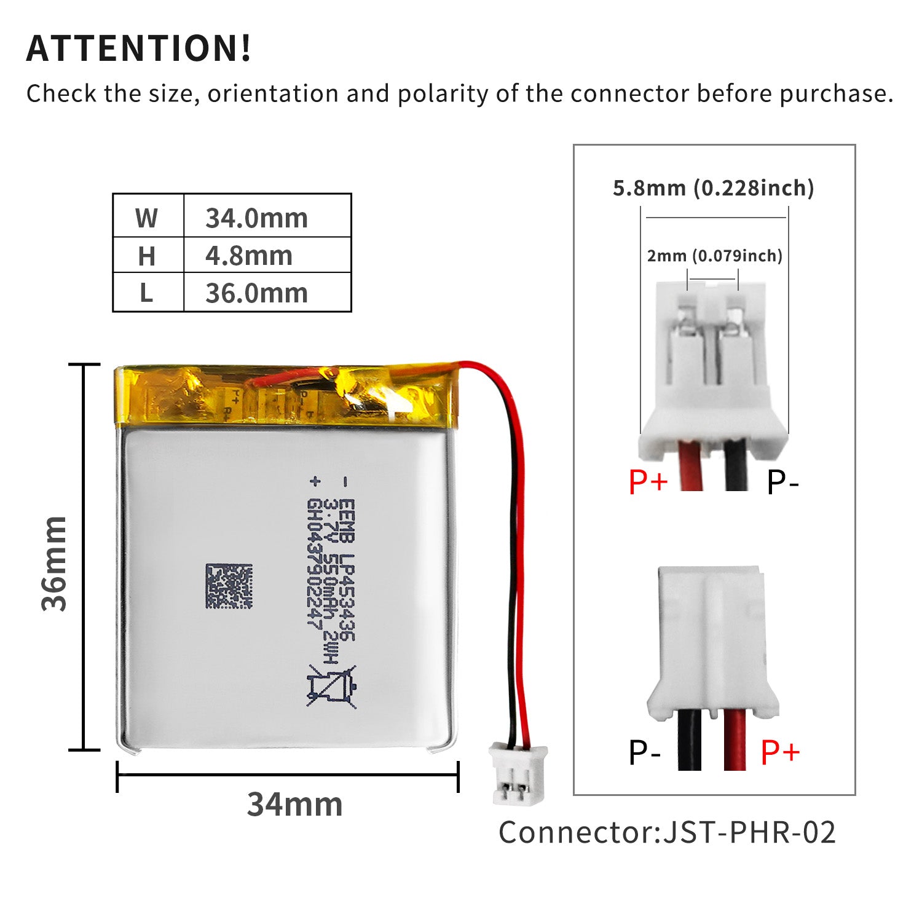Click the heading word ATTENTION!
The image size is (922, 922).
click(x=139, y=49)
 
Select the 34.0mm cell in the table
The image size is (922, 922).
click(x=256, y=218)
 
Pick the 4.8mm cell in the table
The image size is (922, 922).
click(x=249, y=256)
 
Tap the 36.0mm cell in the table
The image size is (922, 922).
click(x=256, y=293)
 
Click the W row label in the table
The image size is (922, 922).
click(x=146, y=218)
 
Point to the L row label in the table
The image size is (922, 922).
click(x=146, y=293)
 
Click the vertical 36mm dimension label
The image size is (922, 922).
click(x=54, y=564)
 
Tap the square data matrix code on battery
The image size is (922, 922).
click(x=229, y=586)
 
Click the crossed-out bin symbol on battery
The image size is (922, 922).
click(x=332, y=686)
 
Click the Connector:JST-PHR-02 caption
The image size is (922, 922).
click(x=667, y=833)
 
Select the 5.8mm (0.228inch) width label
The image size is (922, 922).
click(x=713, y=188)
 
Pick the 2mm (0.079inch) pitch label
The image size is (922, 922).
click(x=714, y=256)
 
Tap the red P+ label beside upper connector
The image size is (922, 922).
click(x=648, y=481)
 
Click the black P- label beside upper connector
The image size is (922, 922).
click(x=782, y=483)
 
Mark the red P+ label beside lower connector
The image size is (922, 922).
click(x=780, y=752)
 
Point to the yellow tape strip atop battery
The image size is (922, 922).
click(x=286, y=395)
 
